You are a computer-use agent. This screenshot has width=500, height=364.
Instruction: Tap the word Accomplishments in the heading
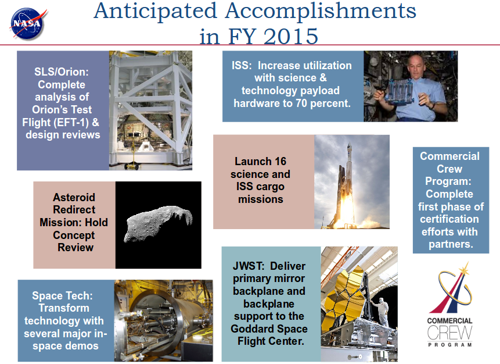321,12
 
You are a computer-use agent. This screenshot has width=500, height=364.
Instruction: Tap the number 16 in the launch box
280,161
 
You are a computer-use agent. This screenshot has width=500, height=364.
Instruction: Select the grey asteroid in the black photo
158,223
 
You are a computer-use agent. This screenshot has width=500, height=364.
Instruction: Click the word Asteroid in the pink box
74,197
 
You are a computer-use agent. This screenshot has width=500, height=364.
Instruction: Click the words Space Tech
62,295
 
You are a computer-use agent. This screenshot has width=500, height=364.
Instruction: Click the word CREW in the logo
449,333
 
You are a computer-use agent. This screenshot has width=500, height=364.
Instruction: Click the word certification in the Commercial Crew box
449,219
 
